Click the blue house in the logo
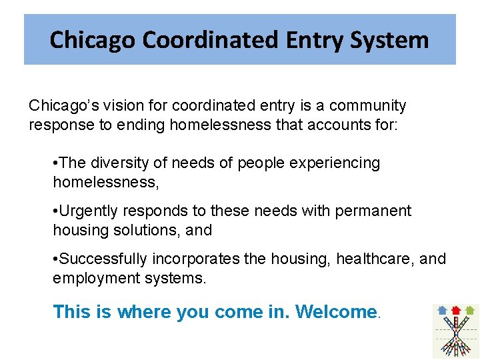(x=443, y=310)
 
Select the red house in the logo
(x=456, y=310)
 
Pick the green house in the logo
(x=469, y=310)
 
